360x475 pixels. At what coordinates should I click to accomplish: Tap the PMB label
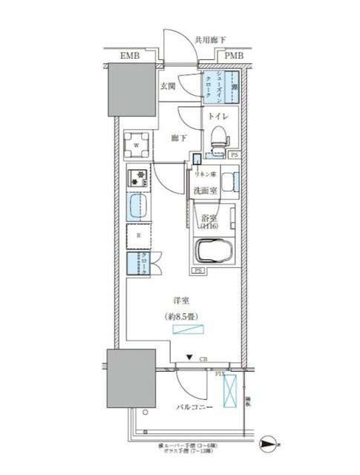232,56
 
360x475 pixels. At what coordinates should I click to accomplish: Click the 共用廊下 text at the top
210,41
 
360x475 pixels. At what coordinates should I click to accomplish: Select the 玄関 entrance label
167,86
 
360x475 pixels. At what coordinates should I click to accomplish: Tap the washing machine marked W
137,145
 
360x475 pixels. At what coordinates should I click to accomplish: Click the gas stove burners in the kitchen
137,178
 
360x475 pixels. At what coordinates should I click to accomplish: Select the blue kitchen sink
137,207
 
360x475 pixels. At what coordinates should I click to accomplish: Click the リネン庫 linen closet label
204,174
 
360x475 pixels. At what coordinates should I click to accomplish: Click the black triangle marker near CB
190,358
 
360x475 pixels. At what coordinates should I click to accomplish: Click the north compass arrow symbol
268,445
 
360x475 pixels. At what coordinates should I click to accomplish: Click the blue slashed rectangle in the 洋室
186,330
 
